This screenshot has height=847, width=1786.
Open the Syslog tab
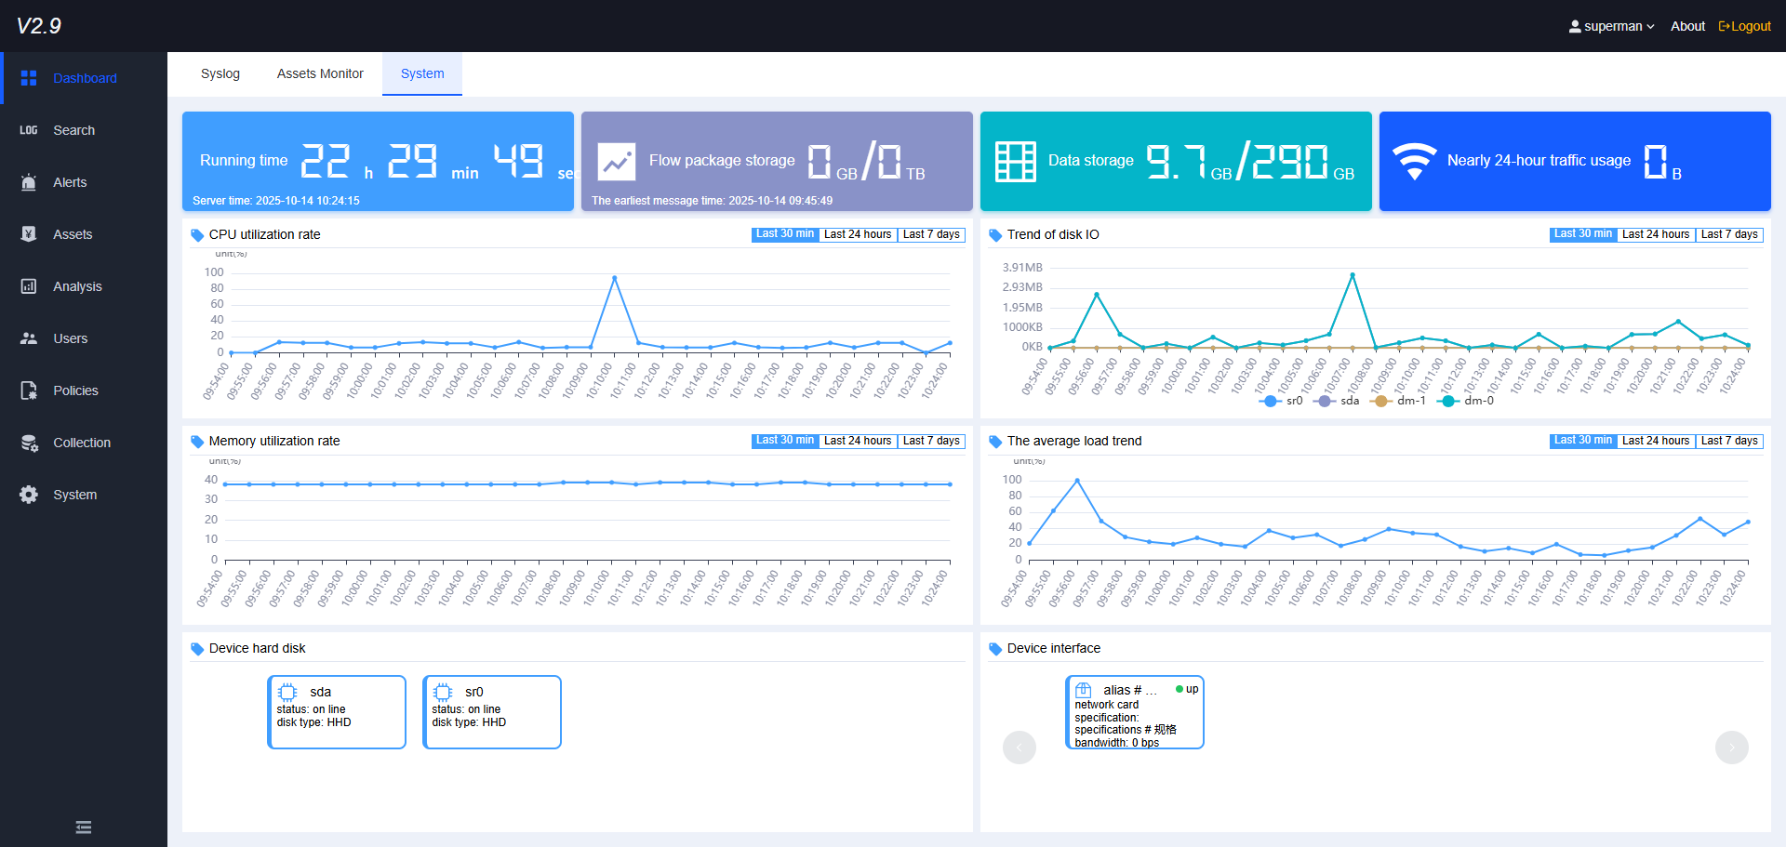point(220,73)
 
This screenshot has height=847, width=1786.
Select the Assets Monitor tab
point(320,73)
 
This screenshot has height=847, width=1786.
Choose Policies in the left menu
point(75,390)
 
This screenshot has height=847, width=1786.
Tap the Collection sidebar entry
point(82,443)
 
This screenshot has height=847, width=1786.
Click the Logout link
point(1745,26)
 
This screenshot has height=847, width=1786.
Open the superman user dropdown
point(1612,26)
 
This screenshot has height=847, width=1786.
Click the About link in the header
point(1687,26)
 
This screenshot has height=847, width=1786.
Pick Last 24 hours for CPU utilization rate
point(858,234)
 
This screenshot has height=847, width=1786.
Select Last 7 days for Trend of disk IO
point(1729,234)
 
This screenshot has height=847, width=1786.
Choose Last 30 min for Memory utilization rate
point(785,441)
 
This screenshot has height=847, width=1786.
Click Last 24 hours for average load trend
point(1656,441)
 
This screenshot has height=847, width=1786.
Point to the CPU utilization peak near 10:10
point(614,278)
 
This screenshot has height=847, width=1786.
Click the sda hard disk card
point(337,711)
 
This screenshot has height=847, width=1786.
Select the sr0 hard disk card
point(492,711)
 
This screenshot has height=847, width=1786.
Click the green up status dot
point(1180,689)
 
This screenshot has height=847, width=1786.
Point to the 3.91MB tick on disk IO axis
point(1022,268)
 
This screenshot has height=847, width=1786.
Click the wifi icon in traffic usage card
point(1414,161)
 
